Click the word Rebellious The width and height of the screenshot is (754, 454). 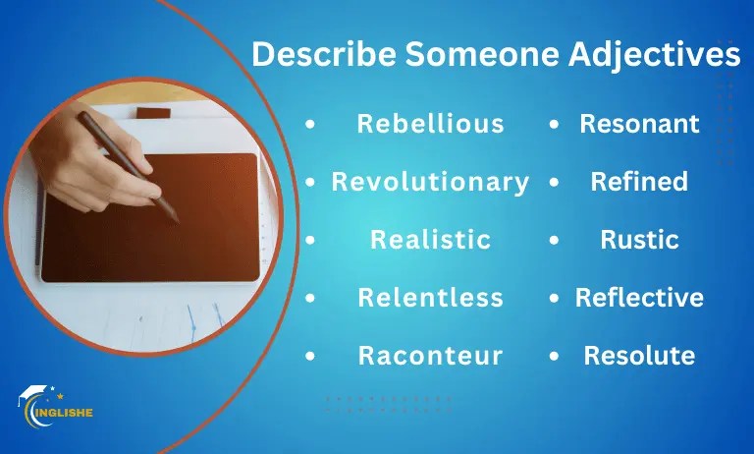click(430, 124)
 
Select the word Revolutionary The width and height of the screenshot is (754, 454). click(430, 182)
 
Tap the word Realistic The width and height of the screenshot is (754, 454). click(430, 240)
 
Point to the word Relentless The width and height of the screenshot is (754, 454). click(430, 297)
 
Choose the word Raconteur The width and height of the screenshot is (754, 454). click(430, 355)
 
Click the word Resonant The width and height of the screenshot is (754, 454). click(639, 124)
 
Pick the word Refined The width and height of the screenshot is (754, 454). click(639, 182)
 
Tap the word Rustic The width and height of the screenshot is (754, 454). click(639, 240)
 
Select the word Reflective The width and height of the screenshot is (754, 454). click(639, 297)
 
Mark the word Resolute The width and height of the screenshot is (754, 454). click(639, 355)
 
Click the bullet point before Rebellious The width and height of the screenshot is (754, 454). click(311, 125)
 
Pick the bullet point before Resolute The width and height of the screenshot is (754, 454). click(555, 356)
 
